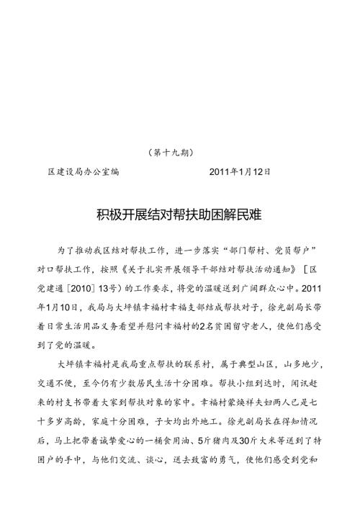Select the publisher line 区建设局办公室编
83,172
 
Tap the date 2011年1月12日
240,172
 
